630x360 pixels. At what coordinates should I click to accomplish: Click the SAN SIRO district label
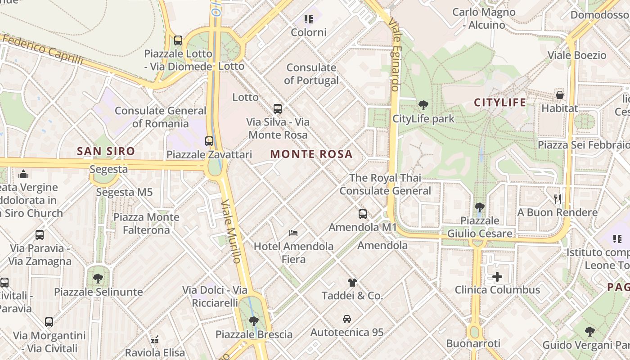(106, 151)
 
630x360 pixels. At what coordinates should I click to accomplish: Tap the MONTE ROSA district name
(311, 154)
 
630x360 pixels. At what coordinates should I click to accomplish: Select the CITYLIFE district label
(500, 103)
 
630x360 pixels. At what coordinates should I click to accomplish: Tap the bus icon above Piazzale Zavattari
(209, 141)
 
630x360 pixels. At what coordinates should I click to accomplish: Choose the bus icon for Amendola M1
(363, 214)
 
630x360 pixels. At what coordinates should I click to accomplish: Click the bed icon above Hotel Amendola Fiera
(293, 233)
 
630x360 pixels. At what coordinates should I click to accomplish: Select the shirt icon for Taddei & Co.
(352, 283)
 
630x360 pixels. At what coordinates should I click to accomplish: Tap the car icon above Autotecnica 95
(347, 319)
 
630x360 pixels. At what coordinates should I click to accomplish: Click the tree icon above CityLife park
(423, 105)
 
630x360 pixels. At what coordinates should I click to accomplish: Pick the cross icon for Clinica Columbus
(497, 276)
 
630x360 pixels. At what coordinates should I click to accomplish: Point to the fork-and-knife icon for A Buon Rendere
(558, 199)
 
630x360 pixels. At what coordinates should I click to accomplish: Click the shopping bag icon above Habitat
(560, 95)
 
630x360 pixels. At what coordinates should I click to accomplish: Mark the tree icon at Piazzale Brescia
(254, 321)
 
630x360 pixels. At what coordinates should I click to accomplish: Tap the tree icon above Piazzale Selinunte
(98, 278)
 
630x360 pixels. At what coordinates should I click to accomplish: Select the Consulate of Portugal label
(311, 74)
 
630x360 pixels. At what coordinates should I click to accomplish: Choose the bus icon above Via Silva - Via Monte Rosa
(278, 108)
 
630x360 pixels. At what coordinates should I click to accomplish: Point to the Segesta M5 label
(125, 193)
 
